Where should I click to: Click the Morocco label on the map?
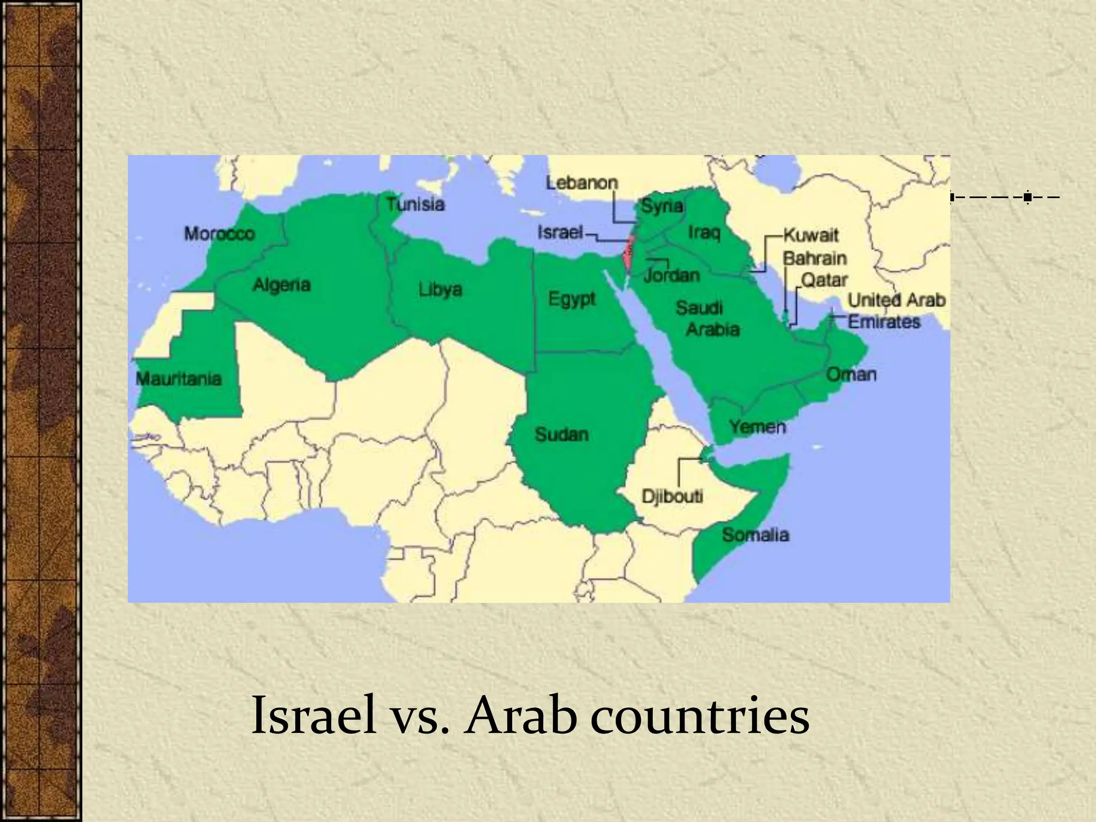tap(219, 234)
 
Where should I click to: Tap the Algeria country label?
tap(281, 285)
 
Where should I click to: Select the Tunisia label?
tap(416, 204)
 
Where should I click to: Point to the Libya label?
tap(440, 290)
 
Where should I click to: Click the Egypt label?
tap(572, 299)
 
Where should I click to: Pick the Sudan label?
tap(561, 435)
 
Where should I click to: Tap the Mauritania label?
tap(179, 379)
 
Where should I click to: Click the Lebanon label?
tap(582, 183)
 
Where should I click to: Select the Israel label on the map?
tap(560, 232)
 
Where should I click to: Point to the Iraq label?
tap(704, 232)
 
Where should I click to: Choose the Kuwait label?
tap(811, 235)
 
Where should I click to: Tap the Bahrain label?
tap(815, 258)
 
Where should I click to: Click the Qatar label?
tap(824, 280)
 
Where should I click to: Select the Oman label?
tap(851, 374)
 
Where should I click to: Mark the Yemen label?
tap(757, 427)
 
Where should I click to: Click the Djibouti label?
tap(672, 496)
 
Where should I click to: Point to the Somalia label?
tap(755, 535)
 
